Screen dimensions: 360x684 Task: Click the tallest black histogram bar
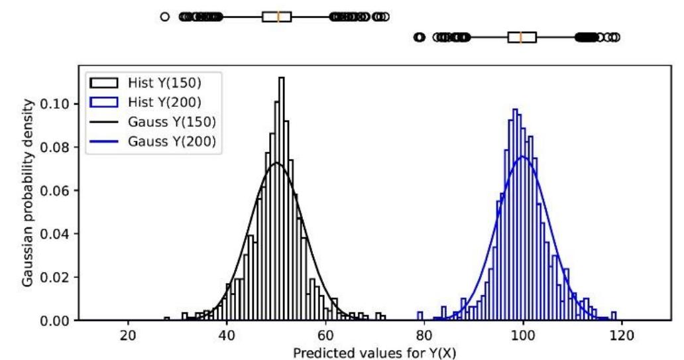click(282, 199)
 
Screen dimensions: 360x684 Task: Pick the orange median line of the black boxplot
click(278, 16)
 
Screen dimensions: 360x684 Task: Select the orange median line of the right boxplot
click(521, 37)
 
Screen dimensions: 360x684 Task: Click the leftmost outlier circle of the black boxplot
click(165, 16)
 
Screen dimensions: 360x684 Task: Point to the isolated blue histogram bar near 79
click(420, 316)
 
